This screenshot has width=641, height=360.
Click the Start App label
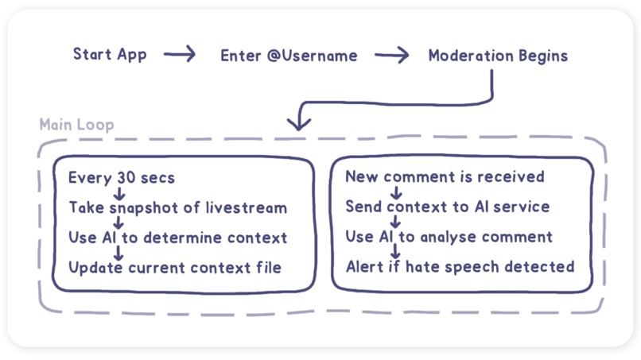tap(111, 55)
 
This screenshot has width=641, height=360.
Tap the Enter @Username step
tap(289, 56)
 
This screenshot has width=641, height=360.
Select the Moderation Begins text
tap(498, 56)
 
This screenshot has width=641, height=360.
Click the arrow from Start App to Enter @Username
tap(180, 55)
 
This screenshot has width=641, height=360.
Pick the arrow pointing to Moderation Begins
tap(392, 56)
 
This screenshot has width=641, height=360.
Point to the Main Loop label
tap(76, 125)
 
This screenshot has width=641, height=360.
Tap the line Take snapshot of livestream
tap(177, 207)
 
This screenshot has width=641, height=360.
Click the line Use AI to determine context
tap(177, 237)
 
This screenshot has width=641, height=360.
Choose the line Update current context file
tap(174, 267)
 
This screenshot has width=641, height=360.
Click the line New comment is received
tap(445, 176)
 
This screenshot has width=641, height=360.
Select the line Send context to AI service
tap(447, 207)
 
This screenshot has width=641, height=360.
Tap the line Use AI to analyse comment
tap(448, 237)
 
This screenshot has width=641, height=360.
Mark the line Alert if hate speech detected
tap(460, 266)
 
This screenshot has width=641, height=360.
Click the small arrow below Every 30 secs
tap(119, 192)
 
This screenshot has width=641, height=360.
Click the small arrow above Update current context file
tap(119, 252)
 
